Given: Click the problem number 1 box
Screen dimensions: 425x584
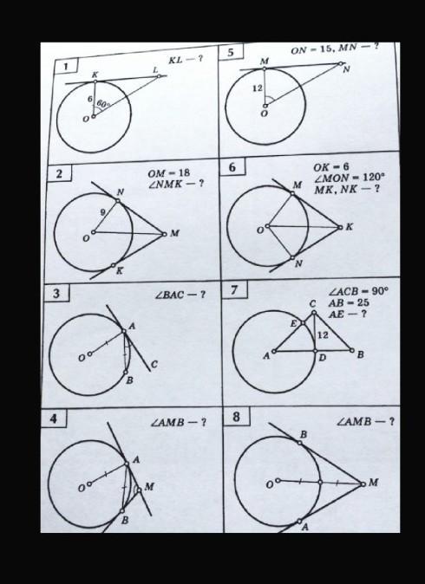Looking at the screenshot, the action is click(66, 67).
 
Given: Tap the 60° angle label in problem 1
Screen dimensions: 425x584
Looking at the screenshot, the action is click(103, 103).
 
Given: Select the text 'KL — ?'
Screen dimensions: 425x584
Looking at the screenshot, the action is click(186, 60).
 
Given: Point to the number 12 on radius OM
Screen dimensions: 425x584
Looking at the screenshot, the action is click(258, 88).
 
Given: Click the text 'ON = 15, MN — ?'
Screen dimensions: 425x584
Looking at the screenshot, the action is click(335, 49).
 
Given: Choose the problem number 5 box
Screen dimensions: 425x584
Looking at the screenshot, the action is click(231, 52).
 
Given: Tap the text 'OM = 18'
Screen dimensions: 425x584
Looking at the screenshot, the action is click(168, 173).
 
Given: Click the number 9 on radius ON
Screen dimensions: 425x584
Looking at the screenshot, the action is click(103, 212).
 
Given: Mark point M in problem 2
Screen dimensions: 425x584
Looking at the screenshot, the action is click(165, 234).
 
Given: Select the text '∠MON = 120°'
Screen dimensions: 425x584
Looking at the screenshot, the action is click(349, 178).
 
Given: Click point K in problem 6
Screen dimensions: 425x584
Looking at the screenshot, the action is click(340, 227).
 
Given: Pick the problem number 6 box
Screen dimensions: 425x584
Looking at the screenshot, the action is click(232, 167).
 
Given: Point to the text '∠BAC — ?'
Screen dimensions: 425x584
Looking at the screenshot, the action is click(180, 295).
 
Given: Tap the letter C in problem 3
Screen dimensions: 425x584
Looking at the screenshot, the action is click(154, 365).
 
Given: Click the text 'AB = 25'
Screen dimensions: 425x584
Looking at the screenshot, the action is click(348, 302).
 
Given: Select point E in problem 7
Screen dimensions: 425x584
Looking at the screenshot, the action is click(303, 322).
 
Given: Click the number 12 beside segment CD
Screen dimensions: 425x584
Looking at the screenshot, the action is click(323, 335).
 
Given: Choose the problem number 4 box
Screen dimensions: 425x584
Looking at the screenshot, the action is click(53, 419).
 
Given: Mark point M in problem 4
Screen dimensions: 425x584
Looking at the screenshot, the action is click(139, 490).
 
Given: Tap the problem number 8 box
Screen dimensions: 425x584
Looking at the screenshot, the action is click(237, 417).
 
